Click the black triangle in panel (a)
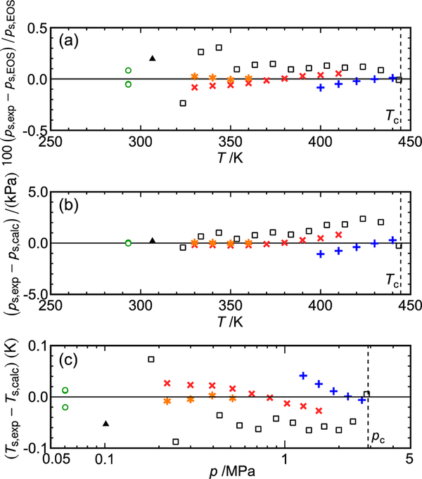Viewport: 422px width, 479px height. pos(153,58)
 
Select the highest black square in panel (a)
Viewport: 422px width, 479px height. pos(219,48)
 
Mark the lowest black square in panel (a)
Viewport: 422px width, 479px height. pos(183,103)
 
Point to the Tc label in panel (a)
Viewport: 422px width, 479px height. pos(390,115)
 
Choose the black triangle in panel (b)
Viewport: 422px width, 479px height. pos(153,240)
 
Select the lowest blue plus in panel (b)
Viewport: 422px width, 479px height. pos(321,254)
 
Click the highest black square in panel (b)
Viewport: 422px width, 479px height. pos(363,218)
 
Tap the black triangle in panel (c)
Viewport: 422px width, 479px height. pos(105,423)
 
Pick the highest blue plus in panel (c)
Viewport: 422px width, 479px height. pos(303,376)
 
